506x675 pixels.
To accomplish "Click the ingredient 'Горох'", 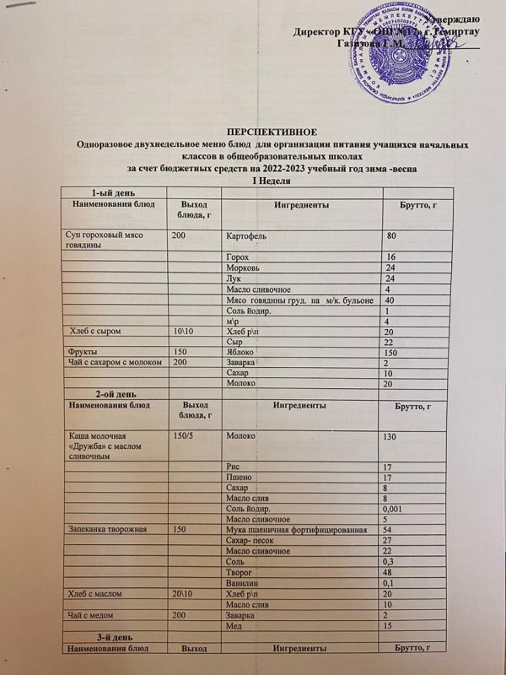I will tap(238, 256).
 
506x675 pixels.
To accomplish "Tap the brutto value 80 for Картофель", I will tap(390, 234).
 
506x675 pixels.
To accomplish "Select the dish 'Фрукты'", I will tap(80, 351).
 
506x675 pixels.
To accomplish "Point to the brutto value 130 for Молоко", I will tap(390, 437).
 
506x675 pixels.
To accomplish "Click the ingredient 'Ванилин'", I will tap(244, 583).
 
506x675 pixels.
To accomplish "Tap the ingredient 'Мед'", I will tap(236, 626).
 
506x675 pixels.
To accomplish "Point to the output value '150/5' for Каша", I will tap(186, 435).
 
